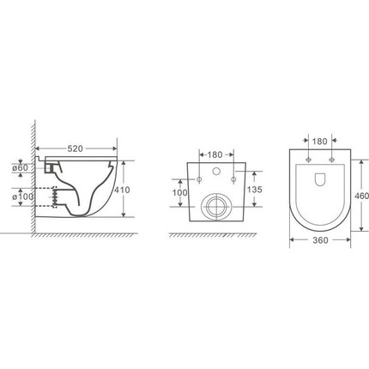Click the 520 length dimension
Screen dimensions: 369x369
75,148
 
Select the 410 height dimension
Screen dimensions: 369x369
122,190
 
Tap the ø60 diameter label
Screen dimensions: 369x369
21,168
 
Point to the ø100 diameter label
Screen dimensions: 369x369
22,197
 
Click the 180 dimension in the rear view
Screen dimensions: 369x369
215,154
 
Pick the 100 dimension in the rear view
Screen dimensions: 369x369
180,192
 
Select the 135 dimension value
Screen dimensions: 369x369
255,190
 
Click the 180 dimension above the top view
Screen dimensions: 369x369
319,142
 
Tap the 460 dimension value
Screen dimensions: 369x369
361,196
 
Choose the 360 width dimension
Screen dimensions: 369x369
320,240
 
